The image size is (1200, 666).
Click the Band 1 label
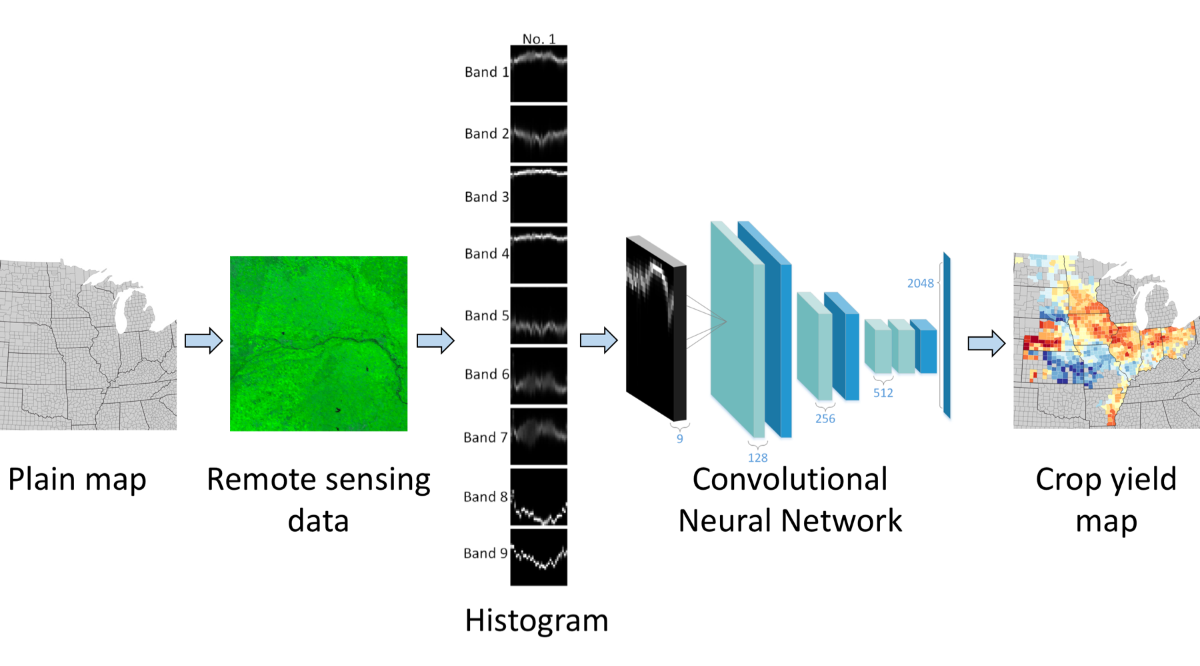tap(486, 72)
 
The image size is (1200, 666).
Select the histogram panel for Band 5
tap(539, 316)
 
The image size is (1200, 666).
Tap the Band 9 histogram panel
tap(539, 557)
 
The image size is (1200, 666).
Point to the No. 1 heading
tap(539, 39)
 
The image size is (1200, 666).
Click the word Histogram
tap(536, 621)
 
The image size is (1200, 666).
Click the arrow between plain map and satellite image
tap(203, 341)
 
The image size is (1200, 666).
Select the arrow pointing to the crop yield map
tap(986, 344)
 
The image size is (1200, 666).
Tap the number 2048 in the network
tap(920, 284)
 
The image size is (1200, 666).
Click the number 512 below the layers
tap(883, 393)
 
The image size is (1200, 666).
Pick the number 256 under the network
tap(825, 419)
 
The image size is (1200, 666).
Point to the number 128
tap(757, 458)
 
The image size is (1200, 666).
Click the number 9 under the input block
tap(679, 439)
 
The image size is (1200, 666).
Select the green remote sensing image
tap(319, 344)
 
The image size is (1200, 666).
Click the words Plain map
tap(77, 480)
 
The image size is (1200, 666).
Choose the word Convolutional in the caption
tap(790, 480)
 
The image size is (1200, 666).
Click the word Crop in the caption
tap(1067, 480)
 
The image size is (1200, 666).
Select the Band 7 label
tap(485, 438)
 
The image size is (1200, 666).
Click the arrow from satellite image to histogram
tap(435, 341)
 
